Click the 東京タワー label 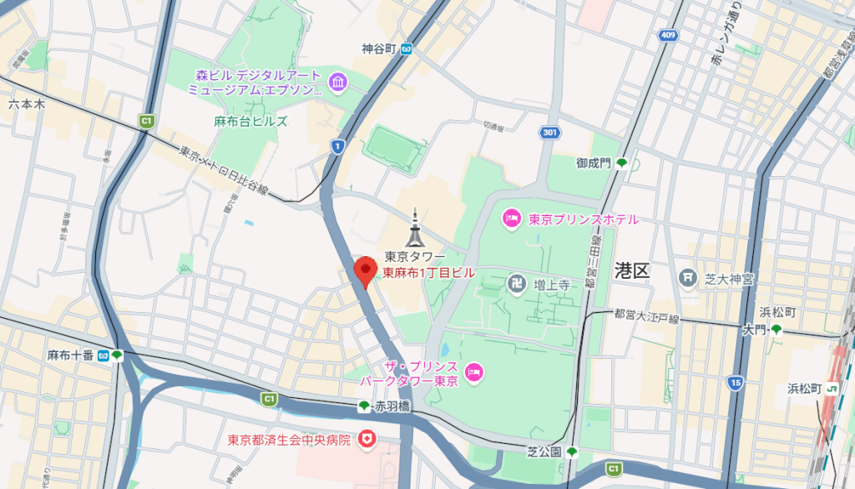click(415, 256)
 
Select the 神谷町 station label click(378, 48)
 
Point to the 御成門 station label click(594, 163)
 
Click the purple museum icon click(337, 82)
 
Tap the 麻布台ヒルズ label click(250, 121)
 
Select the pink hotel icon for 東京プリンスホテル click(511, 219)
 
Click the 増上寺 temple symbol click(516, 285)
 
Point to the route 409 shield click(666, 35)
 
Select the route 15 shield click(734, 383)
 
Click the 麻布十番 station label click(70, 355)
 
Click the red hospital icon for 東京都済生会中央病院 click(365, 438)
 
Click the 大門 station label click(754, 330)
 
